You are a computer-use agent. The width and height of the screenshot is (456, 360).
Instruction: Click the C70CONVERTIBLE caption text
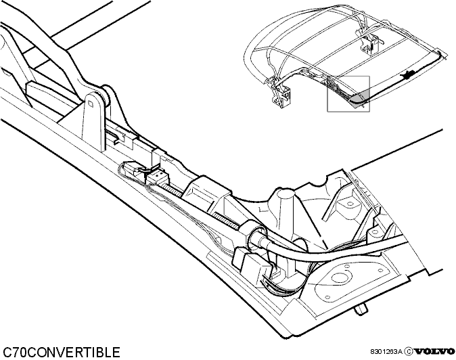click(62, 352)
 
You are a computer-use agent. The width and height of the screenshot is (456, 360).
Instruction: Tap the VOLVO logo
click(434, 351)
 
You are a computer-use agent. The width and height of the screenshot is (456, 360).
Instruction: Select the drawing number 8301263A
click(386, 352)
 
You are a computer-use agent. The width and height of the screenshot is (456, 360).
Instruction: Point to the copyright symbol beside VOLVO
click(409, 351)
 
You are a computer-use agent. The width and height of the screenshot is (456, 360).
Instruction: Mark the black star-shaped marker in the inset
click(407, 75)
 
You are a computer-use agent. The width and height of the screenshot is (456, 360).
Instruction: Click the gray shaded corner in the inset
click(360, 97)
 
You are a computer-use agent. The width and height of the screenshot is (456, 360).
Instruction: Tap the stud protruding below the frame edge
click(361, 309)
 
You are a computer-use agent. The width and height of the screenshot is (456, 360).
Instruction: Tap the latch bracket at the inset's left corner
click(281, 95)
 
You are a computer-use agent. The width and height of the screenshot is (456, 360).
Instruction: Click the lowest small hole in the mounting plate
click(328, 297)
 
